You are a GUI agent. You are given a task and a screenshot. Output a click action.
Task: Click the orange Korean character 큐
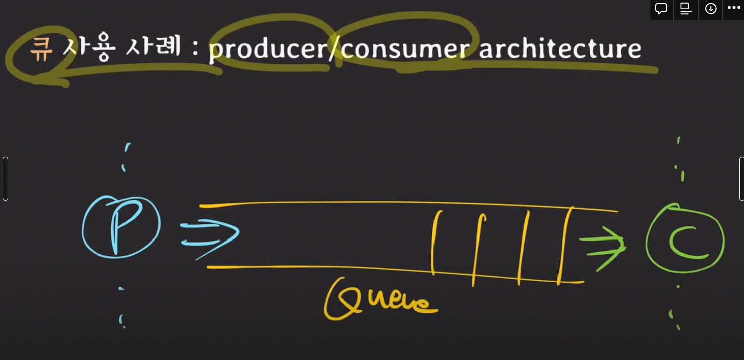pos(41,49)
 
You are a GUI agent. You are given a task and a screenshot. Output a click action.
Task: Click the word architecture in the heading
pos(560,49)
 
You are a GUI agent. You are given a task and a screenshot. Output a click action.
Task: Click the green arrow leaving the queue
pos(603,246)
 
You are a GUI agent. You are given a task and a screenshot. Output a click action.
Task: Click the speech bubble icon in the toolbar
pos(661,9)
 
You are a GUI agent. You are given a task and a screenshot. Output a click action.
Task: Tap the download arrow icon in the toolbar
pos(711,9)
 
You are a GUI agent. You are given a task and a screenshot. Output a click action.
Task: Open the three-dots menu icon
pos(734,8)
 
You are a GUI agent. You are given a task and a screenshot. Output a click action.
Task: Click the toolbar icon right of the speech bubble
pos(686,9)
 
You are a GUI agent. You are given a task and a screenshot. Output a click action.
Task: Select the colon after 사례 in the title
pos(195,49)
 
